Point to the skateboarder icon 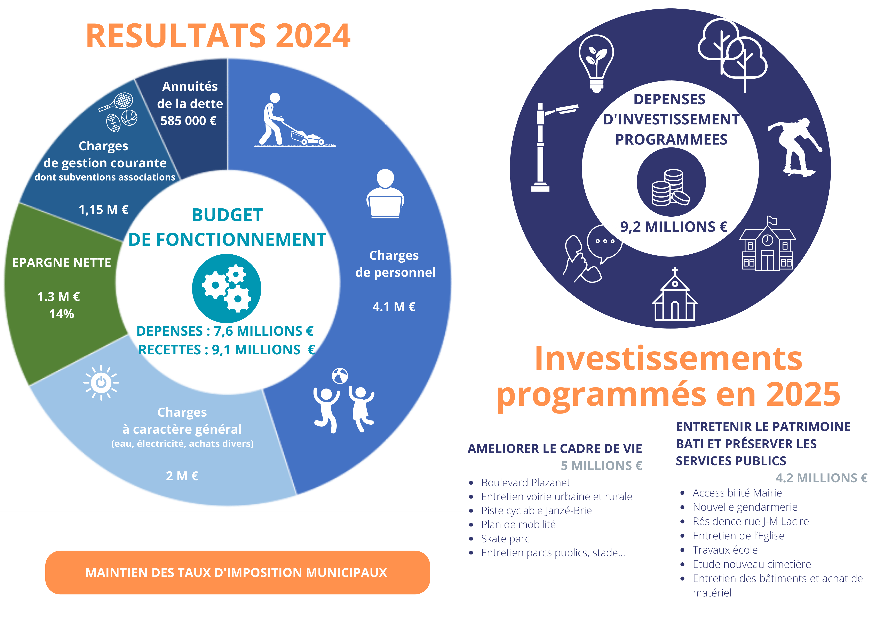click(x=795, y=147)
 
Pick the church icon click(x=674, y=294)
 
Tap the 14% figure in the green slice click(x=62, y=314)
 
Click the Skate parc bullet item click(x=505, y=539)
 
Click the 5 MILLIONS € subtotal click(x=601, y=466)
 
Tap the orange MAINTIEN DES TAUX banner click(x=237, y=572)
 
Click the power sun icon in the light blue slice click(x=101, y=383)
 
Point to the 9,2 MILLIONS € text click(x=673, y=227)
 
